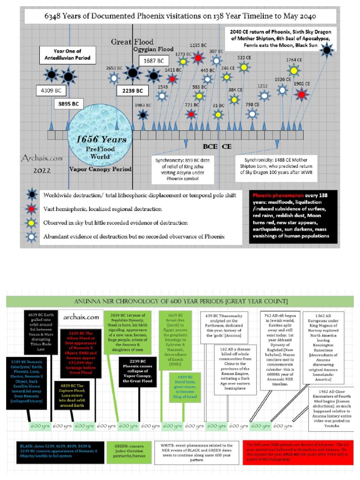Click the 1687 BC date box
click(154, 61)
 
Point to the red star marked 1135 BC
click(199, 58)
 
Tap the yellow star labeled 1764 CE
click(294, 71)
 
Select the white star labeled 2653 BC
click(114, 78)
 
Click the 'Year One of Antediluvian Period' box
click(65, 55)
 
